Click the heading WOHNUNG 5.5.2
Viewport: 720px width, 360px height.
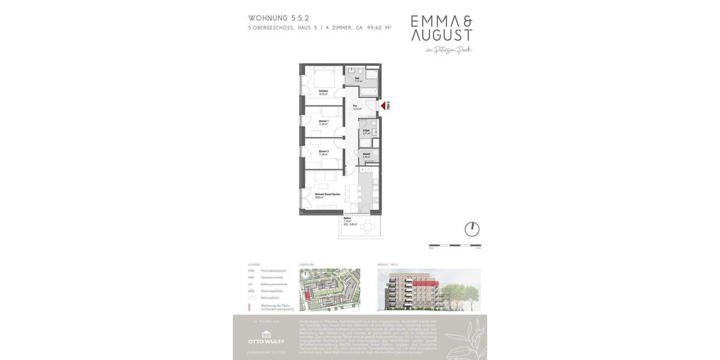[x=279, y=18]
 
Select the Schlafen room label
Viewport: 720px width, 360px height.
[x=323, y=92]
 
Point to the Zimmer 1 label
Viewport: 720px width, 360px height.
[x=323, y=122]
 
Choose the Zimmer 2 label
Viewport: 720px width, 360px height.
[x=323, y=152]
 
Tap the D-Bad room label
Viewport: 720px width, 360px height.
[x=366, y=131]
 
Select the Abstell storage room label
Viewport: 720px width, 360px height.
[x=366, y=155]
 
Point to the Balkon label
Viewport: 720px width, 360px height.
[x=347, y=220]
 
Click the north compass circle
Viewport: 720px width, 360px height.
[x=472, y=229]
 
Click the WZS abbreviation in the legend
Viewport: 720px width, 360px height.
[x=251, y=290]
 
